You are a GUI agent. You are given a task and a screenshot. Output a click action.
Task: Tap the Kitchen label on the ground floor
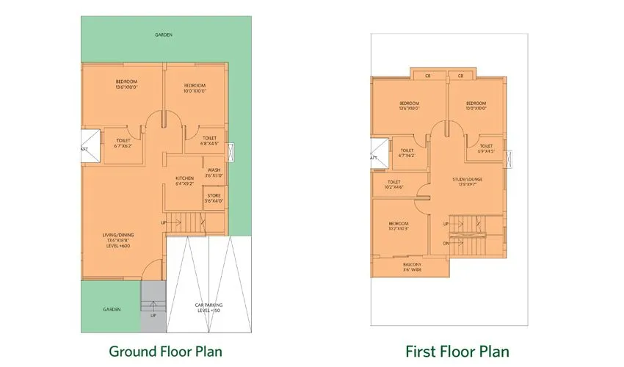184,181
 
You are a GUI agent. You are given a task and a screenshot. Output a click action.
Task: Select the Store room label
214,197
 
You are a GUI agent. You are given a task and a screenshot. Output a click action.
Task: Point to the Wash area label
214,172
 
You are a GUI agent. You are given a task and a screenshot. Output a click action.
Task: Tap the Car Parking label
209,308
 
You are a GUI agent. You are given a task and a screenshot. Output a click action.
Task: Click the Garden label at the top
164,34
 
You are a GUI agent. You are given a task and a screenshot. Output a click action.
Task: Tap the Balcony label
412,267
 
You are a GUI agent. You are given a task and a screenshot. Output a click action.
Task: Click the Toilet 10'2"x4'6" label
393,185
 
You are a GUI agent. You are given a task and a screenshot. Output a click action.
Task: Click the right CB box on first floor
461,75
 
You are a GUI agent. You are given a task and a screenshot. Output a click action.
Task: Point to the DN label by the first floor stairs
446,243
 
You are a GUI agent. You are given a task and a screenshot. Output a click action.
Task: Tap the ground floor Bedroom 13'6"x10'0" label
126,84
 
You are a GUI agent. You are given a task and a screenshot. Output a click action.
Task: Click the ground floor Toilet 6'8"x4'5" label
209,141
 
